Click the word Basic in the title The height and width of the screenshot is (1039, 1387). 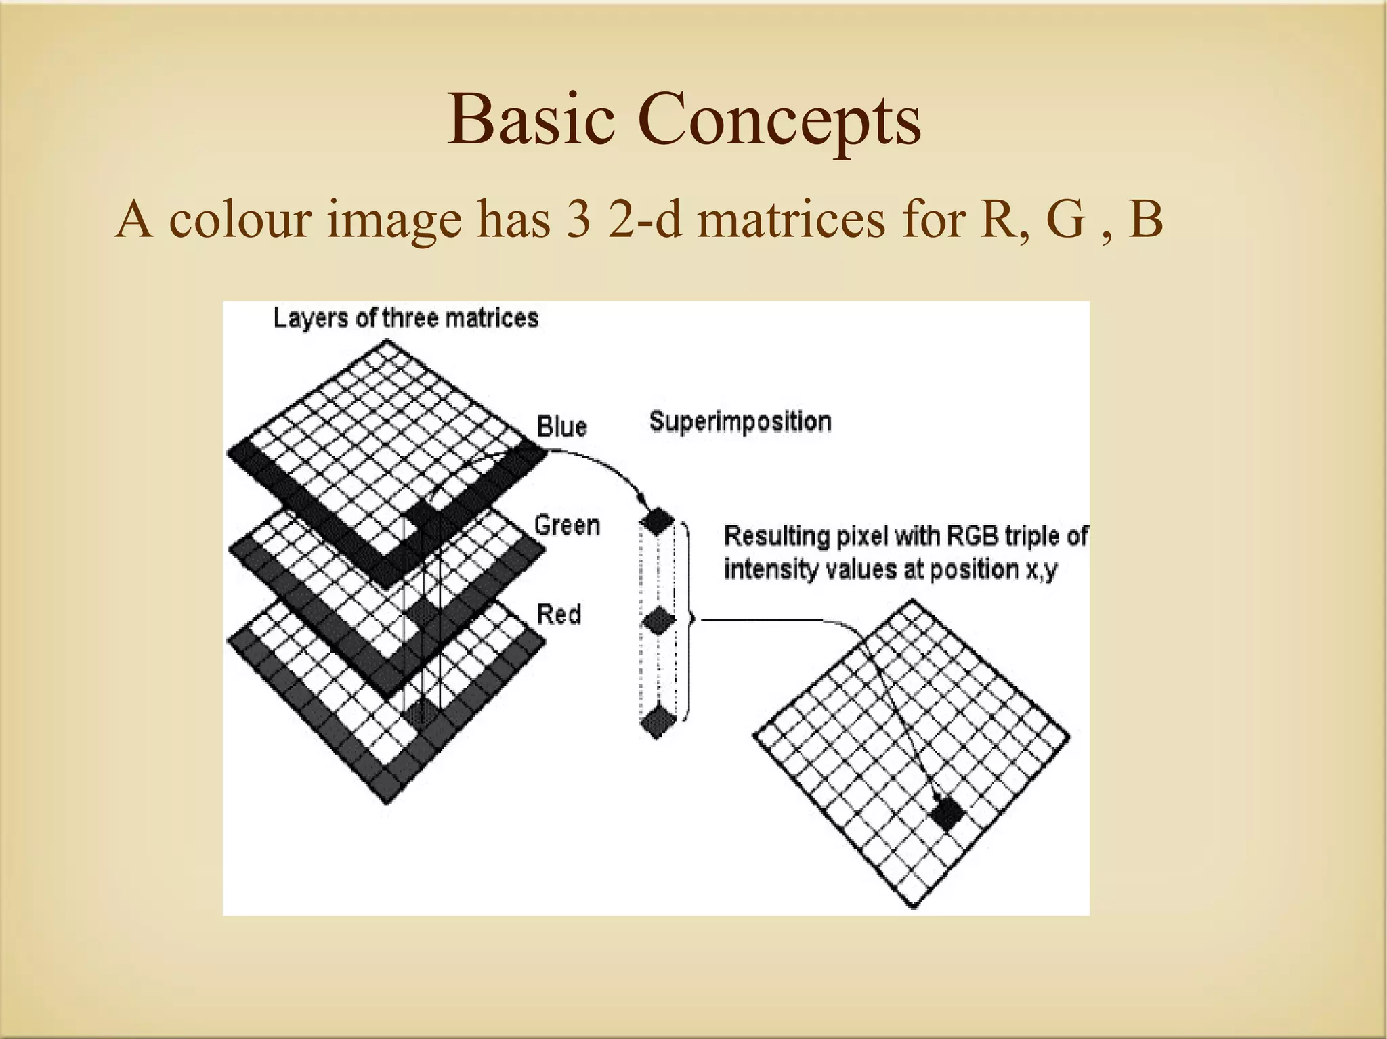coord(531,120)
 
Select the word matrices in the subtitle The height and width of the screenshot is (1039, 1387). coord(790,220)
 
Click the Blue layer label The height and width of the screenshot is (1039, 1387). coord(561,426)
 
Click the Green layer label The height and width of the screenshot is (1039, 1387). coord(567,525)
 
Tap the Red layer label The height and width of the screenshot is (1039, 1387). coord(559,614)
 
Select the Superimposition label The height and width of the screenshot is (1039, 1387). coord(740,422)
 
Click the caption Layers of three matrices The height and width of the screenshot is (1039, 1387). coord(406,317)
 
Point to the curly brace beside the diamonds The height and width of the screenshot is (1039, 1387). coord(687,619)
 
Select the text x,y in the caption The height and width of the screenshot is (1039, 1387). coord(1041,570)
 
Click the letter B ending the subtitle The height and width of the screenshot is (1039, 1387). coord(1145,220)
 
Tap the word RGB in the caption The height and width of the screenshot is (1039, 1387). coord(972,536)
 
